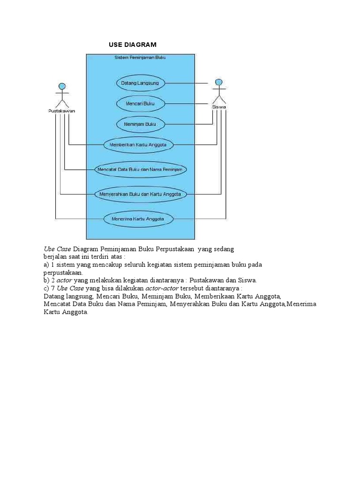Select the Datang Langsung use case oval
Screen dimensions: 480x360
pyautogui.click(x=140, y=83)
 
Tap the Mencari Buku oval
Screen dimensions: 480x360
pyautogui.click(x=140, y=103)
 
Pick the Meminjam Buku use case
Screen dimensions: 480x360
pyautogui.click(x=140, y=124)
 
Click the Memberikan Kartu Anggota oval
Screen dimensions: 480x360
pyautogui.click(x=138, y=145)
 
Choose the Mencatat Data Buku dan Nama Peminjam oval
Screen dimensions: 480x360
pyautogui.click(x=141, y=169)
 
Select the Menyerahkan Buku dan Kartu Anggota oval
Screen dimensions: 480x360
pyautogui.click(x=141, y=194)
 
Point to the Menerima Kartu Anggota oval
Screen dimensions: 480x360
pyautogui.click(x=138, y=218)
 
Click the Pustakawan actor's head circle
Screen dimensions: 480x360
pyautogui.click(x=61, y=86)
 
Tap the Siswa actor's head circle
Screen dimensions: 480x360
pyautogui.click(x=218, y=82)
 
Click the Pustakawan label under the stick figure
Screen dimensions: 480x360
pyautogui.click(x=61, y=111)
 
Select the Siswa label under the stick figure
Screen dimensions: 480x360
pyautogui.click(x=219, y=107)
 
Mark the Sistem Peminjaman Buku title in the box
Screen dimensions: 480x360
pyautogui.click(x=140, y=58)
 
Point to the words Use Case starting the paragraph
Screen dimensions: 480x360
pyautogui.click(x=58, y=249)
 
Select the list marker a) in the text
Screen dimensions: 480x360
pyautogui.click(x=46, y=265)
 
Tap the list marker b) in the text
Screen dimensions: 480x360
pyautogui.click(x=46, y=280)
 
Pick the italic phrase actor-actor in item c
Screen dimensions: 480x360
pyautogui.click(x=162, y=288)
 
